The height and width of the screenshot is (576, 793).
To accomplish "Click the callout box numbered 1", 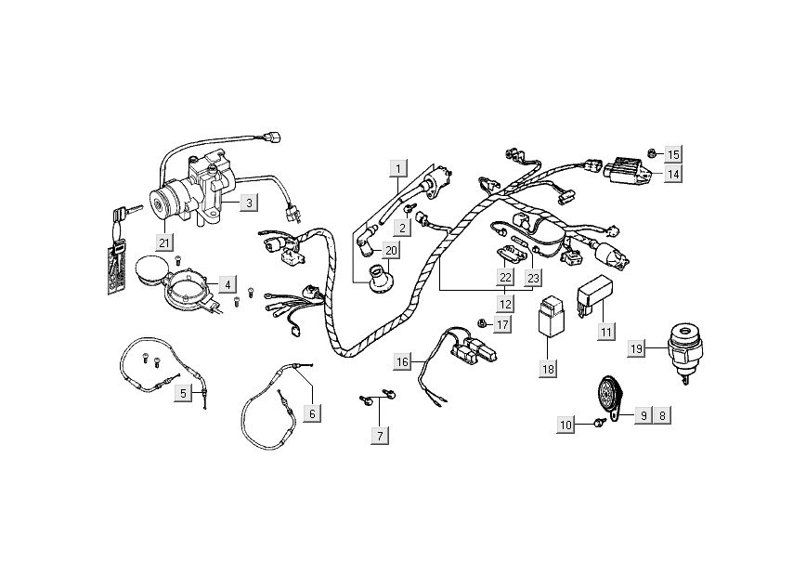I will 398,169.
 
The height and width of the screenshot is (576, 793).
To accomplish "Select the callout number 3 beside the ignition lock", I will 249,202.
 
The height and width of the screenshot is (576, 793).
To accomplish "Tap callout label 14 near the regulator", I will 673,174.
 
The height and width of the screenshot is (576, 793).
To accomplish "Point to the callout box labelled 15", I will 673,153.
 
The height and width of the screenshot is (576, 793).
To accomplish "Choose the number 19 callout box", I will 636,348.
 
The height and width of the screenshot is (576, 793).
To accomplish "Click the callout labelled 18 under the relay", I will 548,369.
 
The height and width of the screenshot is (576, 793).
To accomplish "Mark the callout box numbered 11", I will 605,332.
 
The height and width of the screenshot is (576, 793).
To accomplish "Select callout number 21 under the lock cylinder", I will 164,243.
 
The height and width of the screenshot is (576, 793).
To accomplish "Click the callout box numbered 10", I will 566,425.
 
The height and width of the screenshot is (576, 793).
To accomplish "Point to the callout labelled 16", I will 401,361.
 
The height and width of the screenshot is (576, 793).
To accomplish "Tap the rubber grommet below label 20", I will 381,278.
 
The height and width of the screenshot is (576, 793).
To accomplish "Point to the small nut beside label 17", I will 483,322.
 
